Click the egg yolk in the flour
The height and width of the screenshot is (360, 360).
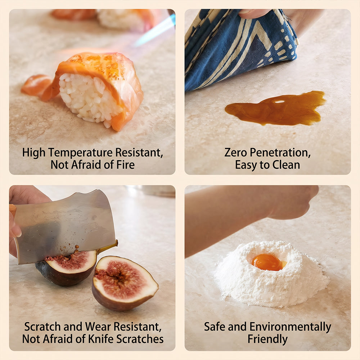268,262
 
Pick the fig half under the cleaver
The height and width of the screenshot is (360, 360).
67,267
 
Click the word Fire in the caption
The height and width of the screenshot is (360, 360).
125,165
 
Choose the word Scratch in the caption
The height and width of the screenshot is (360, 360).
43,327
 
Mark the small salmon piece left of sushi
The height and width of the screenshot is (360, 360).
37,85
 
